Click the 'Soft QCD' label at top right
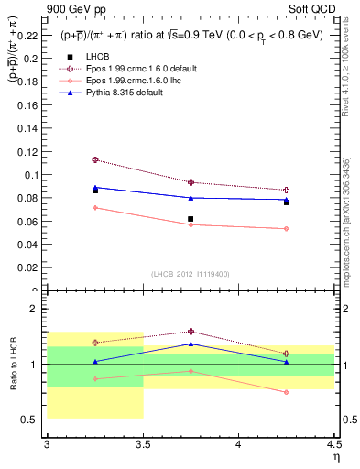pyautogui.click(x=318, y=8)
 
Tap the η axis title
pyautogui.click(x=336, y=455)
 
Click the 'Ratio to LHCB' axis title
pyautogui.click(x=14, y=365)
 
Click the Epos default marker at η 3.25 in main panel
pyautogui.click(x=94, y=159)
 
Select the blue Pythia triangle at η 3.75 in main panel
pyautogui.click(x=191, y=197)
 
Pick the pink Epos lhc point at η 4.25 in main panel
pyautogui.click(x=287, y=229)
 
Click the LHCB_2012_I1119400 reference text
pyautogui.click(x=191, y=274)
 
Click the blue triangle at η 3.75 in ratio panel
pyautogui.click(x=191, y=344)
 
